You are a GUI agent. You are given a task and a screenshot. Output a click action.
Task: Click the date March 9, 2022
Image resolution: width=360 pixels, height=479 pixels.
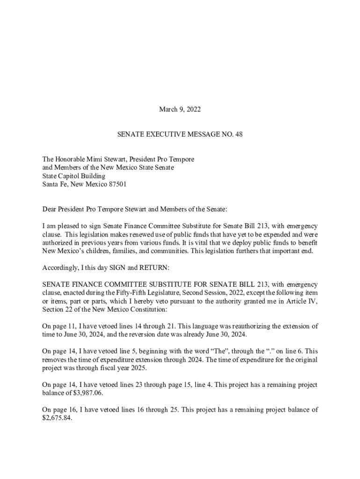pos(180,109)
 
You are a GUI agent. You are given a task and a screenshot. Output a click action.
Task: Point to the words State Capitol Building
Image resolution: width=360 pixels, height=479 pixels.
pos(74,176)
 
